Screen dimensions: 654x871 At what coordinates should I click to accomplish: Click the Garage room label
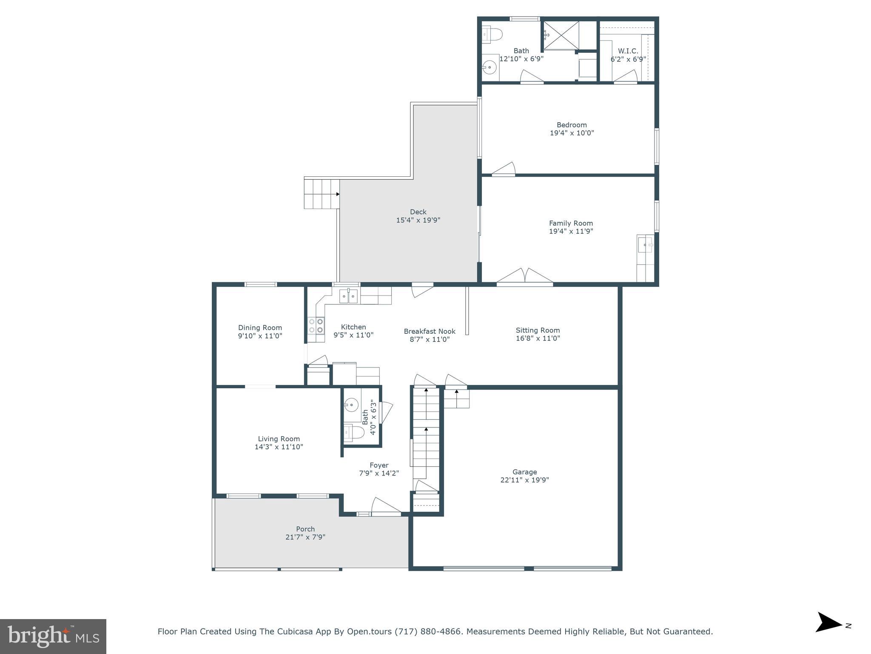coord(524,472)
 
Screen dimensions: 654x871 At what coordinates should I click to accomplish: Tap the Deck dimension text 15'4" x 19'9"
coord(418,220)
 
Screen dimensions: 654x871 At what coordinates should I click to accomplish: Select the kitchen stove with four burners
coord(316,326)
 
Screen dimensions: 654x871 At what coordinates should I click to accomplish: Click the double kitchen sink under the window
coord(348,296)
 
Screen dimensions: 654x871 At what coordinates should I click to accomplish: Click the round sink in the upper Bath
coord(490,67)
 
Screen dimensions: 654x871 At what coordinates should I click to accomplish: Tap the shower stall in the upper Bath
coord(561,35)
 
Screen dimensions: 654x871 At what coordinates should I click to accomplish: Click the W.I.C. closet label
coord(628,51)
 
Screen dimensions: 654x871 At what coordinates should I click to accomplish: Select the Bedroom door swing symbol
coord(504,169)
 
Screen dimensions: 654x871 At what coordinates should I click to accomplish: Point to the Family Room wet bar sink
coord(645,245)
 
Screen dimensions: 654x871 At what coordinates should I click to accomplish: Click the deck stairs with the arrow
coord(322,194)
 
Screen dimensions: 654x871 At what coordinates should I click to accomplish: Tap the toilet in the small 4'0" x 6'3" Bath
coord(354,433)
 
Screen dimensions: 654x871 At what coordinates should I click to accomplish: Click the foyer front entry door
coord(386,507)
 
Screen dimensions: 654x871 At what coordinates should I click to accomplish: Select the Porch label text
coord(305,529)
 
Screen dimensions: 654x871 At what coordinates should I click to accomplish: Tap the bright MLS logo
coord(53,637)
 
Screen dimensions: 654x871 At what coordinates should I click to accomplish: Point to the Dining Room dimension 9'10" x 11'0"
coord(260,336)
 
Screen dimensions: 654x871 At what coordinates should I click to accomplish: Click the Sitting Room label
coord(538,330)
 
